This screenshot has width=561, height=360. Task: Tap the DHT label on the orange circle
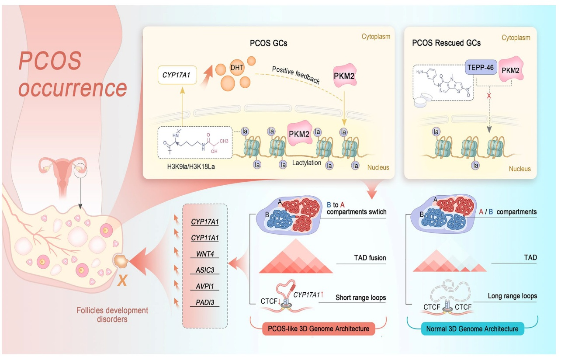point(236,68)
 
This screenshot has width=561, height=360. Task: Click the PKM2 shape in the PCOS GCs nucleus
point(300,135)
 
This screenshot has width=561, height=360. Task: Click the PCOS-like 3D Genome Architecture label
point(319,329)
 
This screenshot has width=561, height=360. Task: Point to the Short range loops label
point(360,298)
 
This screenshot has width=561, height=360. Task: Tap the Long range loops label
point(512,296)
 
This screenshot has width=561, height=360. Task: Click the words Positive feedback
point(295,76)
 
